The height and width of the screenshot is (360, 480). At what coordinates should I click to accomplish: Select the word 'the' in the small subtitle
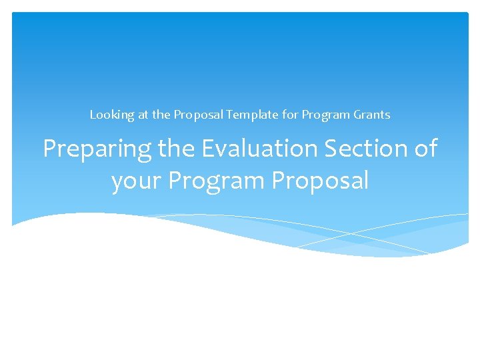pos(161,115)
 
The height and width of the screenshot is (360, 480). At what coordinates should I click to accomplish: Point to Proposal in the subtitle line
pos(199,115)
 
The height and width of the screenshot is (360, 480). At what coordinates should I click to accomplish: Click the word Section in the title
pos(361,149)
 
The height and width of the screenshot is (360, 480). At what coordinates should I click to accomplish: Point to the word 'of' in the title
pos(424,149)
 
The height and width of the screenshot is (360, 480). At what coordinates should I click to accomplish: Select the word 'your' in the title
pos(137,181)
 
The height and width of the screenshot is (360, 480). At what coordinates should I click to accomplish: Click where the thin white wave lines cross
pos(352,233)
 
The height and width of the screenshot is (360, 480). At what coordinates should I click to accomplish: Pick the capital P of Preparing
pos(50,149)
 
